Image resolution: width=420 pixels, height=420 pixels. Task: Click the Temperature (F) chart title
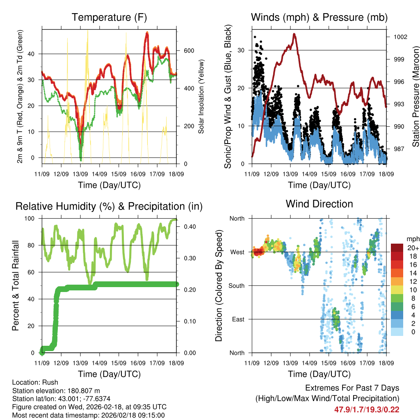(x=109, y=18)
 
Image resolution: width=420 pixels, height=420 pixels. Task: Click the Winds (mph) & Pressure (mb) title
(x=319, y=18)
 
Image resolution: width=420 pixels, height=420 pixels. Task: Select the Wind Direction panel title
(x=319, y=204)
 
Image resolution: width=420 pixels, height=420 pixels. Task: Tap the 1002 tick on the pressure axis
(x=400, y=37)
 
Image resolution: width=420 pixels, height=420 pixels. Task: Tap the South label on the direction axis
(x=237, y=285)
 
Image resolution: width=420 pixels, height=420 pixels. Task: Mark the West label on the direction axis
(x=237, y=252)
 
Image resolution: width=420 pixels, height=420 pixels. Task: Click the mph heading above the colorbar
(x=412, y=239)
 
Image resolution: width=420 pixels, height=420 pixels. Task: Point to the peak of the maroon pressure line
(x=294, y=34)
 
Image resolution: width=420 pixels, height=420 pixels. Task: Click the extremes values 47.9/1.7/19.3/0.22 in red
(x=367, y=409)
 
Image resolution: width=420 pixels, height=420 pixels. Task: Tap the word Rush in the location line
(x=50, y=382)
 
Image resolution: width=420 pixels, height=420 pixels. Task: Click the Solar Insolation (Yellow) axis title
(x=201, y=96)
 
